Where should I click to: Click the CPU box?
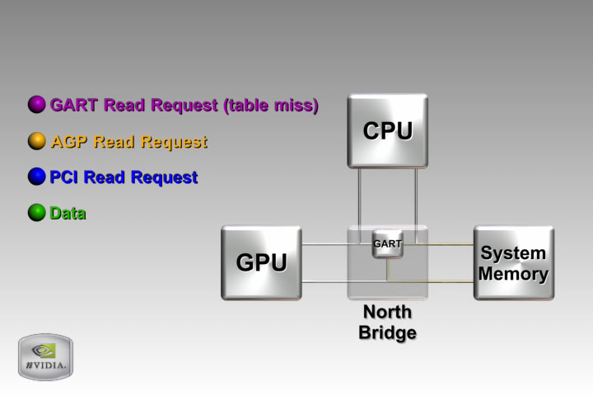click(x=387, y=131)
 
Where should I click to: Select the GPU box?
click(x=261, y=262)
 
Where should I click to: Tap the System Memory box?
click(x=513, y=262)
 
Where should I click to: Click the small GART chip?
click(x=387, y=244)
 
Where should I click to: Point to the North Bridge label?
click(x=387, y=323)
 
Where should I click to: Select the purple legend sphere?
click(x=37, y=105)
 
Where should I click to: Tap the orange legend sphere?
click(x=37, y=141)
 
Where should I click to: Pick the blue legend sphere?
click(x=37, y=177)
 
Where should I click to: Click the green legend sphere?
click(x=37, y=213)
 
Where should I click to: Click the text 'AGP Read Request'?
click(x=128, y=141)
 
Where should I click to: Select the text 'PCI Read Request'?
click(x=124, y=177)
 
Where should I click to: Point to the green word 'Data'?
click(x=68, y=213)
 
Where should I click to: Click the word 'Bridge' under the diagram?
click(x=387, y=333)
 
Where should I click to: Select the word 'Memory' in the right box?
click(x=513, y=273)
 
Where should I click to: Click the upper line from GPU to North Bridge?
click(x=325, y=244)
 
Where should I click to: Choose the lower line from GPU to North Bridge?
click(x=325, y=282)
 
